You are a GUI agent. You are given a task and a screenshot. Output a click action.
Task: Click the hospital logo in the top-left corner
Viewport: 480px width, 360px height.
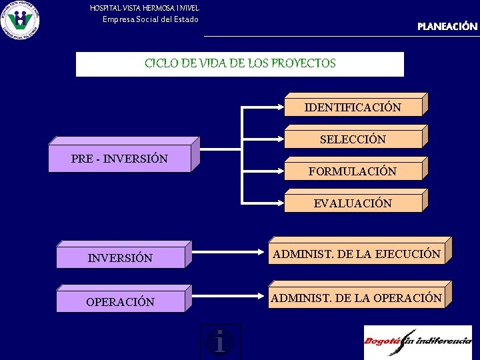tap(20, 20)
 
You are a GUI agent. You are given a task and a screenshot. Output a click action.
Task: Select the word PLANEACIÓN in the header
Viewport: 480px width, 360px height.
tap(447, 27)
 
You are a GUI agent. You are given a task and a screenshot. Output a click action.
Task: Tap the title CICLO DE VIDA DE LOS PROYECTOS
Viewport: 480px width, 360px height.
tap(240, 64)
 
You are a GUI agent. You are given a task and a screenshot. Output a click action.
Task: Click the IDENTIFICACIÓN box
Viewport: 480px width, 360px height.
tap(353, 107)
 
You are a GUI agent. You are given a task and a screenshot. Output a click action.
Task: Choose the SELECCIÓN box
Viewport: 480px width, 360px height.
tap(353, 139)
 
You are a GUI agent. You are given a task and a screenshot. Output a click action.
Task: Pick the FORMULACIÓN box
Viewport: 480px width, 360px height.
tap(353, 171)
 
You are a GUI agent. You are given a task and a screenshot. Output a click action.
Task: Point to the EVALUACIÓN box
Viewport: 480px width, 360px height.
tap(353, 203)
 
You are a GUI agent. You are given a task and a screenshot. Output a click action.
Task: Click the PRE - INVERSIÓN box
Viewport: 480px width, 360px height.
tap(120, 159)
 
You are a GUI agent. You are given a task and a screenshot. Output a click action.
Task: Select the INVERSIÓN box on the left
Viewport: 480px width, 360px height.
tap(120, 258)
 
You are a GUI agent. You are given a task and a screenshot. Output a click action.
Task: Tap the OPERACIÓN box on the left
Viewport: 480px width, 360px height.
tap(120, 302)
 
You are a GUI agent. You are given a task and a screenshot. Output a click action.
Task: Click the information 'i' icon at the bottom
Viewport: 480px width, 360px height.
tap(220, 341)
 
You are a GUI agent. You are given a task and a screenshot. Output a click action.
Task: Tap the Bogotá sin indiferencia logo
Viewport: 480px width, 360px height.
tap(417, 342)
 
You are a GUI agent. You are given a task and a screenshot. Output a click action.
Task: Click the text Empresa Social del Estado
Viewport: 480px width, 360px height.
tap(150, 19)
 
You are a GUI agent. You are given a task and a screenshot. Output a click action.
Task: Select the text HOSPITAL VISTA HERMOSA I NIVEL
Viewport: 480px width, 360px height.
tap(145, 8)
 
